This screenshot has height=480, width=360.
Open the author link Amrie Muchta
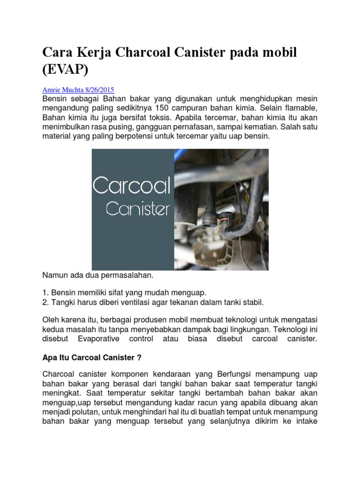point(62,90)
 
